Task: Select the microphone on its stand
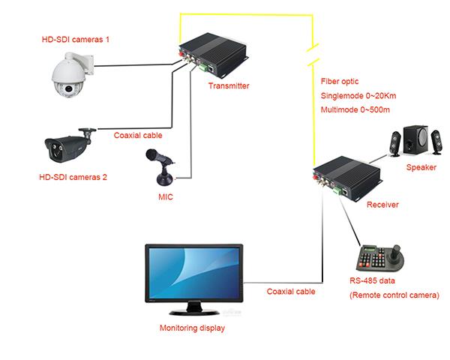(162, 168)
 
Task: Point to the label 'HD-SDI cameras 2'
(73, 178)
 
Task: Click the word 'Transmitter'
(229, 86)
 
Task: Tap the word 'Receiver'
(382, 204)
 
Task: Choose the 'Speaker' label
(421, 167)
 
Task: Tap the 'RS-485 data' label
(373, 281)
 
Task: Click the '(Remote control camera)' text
(393, 296)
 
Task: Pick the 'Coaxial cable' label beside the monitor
(291, 291)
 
